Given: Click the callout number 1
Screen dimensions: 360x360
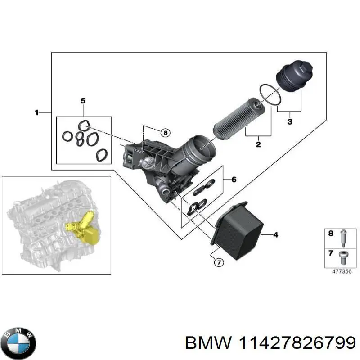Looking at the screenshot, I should click(x=37, y=112).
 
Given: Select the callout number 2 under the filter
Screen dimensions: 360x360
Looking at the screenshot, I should click(x=258, y=144).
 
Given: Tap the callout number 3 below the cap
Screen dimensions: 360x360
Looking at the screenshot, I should click(x=289, y=121).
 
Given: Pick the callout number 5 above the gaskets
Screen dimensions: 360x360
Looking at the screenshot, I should click(x=83, y=100).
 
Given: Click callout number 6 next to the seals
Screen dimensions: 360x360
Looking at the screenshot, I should click(x=234, y=180).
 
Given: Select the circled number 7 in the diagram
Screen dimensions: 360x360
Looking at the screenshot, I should click(x=218, y=263).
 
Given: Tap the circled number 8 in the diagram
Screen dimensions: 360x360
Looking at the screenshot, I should click(x=165, y=132).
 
